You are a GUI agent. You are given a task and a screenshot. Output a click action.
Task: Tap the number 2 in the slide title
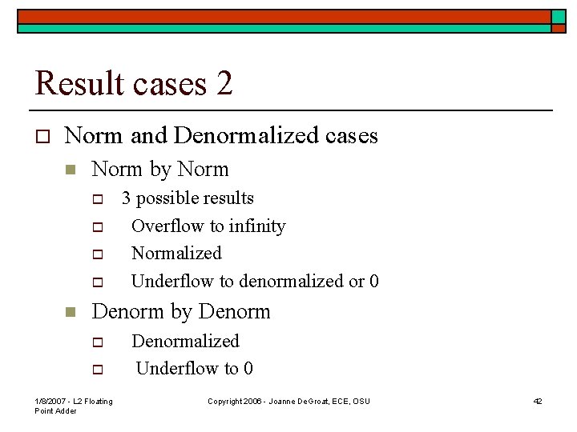(x=224, y=83)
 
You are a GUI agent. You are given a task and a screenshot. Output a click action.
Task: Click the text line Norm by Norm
(x=160, y=170)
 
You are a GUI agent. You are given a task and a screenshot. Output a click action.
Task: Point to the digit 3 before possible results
(x=126, y=198)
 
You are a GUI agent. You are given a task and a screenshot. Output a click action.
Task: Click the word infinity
(x=257, y=226)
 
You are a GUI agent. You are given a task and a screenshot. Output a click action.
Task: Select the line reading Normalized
(x=176, y=254)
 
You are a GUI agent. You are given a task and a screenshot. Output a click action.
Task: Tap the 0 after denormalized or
(x=374, y=282)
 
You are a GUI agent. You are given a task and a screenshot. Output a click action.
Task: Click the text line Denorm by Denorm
(x=181, y=312)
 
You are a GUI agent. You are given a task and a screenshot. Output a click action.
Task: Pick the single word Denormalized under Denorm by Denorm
(x=185, y=342)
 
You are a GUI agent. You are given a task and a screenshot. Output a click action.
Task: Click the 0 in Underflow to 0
(x=248, y=369)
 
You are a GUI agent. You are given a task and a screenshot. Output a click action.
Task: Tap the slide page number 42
(x=538, y=401)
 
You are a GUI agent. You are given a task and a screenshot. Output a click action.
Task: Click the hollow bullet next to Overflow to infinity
(x=98, y=227)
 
